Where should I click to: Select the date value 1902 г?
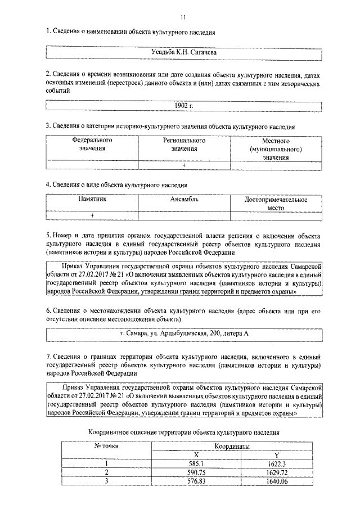[x=183, y=106]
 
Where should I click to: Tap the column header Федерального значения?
[x=92, y=145]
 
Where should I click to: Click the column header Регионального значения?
[x=184, y=145]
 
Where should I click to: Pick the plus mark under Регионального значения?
[x=184, y=165]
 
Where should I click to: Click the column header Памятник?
[x=92, y=199]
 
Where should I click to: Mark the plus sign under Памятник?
[x=92, y=215]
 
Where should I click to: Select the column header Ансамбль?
[x=184, y=199]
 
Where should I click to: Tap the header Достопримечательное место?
[x=276, y=203]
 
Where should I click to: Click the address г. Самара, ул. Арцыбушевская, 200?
[x=183, y=334]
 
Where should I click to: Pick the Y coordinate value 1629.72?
[x=276, y=472]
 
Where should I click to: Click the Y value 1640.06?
[x=276, y=481]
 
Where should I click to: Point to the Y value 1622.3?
[x=276, y=463]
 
